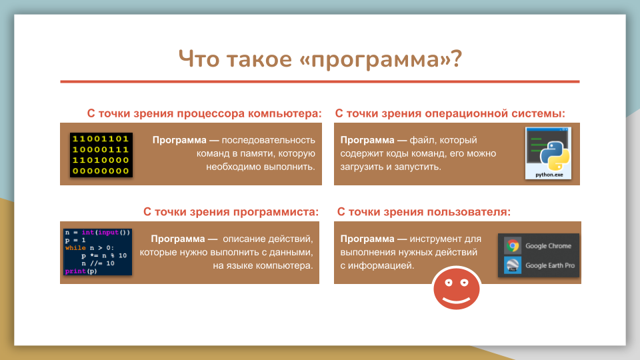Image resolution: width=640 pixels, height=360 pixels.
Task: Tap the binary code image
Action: [x=101, y=155]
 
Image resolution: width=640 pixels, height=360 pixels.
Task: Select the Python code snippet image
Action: [x=97, y=252]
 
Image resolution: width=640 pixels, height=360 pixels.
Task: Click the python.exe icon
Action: [x=548, y=153]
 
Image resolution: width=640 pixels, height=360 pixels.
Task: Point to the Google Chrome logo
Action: [x=513, y=246]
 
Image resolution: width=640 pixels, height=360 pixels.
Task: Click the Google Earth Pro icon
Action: [x=513, y=265]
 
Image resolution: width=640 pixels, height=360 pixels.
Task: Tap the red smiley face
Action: [x=456, y=288]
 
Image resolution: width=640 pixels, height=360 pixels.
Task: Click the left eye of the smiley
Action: [x=449, y=283]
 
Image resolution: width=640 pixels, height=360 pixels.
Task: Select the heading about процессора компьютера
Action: [x=204, y=113]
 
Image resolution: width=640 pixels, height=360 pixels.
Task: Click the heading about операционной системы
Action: [x=450, y=113]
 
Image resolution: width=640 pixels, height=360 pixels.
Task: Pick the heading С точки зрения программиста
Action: [x=231, y=212]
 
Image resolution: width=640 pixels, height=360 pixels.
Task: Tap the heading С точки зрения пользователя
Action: [x=424, y=212]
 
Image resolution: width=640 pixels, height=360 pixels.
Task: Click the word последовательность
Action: [x=269, y=140]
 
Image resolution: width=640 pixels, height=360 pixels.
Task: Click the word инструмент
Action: [x=433, y=239]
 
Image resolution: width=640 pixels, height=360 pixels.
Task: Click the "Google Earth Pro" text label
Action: [x=550, y=265]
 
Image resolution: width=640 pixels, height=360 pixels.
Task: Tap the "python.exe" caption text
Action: [x=549, y=175]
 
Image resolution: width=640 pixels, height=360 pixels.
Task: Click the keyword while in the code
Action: [x=75, y=248]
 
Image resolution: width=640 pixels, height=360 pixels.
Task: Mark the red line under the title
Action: [x=320, y=81]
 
